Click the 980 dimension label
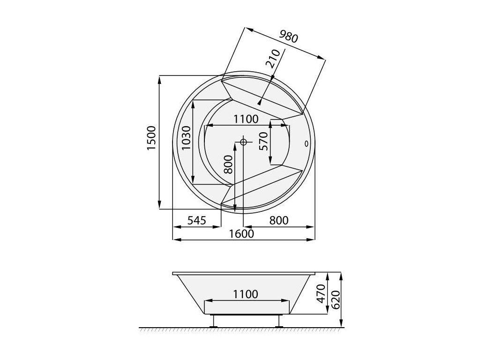pos(288,37)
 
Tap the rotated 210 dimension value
pos(273,59)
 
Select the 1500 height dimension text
pos(151,138)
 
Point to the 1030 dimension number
pos(186,138)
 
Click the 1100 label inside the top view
pos(246,119)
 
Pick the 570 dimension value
pos(263,142)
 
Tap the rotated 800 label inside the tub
pos(228,165)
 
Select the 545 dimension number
pos(197,220)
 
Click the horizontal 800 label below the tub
pos(278,220)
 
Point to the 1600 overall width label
pos(242,233)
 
